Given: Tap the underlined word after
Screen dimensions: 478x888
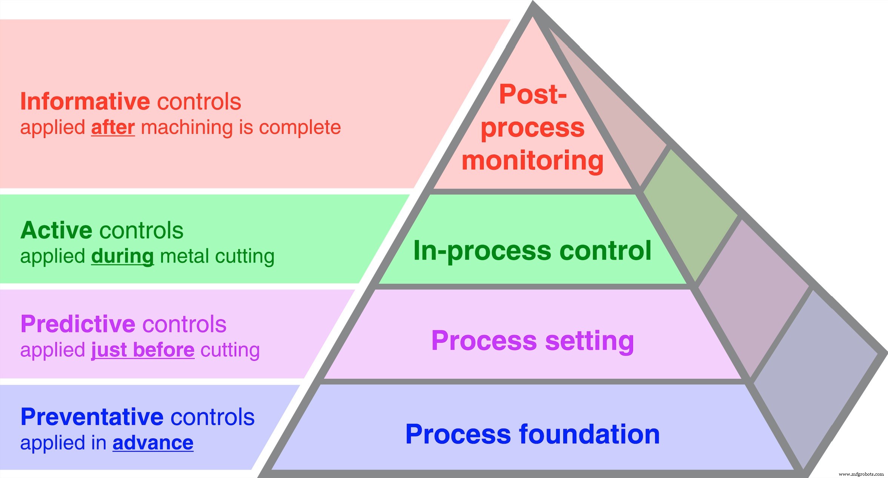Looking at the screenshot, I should point(113,127).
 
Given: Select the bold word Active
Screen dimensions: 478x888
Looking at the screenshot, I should point(56,230).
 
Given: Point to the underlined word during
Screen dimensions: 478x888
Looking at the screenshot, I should point(122,256).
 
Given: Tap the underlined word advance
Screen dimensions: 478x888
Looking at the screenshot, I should point(153,443).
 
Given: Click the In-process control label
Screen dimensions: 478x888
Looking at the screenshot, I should point(532,251).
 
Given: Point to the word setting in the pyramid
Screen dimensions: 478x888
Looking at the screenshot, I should point(589,341).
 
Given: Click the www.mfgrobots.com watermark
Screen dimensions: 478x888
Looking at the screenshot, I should point(861,474).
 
